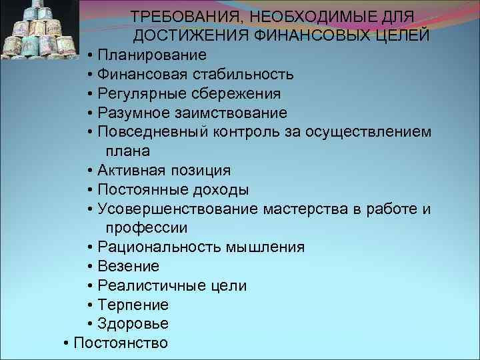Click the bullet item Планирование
pyautogui.click(x=151, y=55)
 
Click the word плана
pyautogui.click(x=127, y=151)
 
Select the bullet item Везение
pyautogui.click(x=128, y=266)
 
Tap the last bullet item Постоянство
pyautogui.click(x=121, y=343)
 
